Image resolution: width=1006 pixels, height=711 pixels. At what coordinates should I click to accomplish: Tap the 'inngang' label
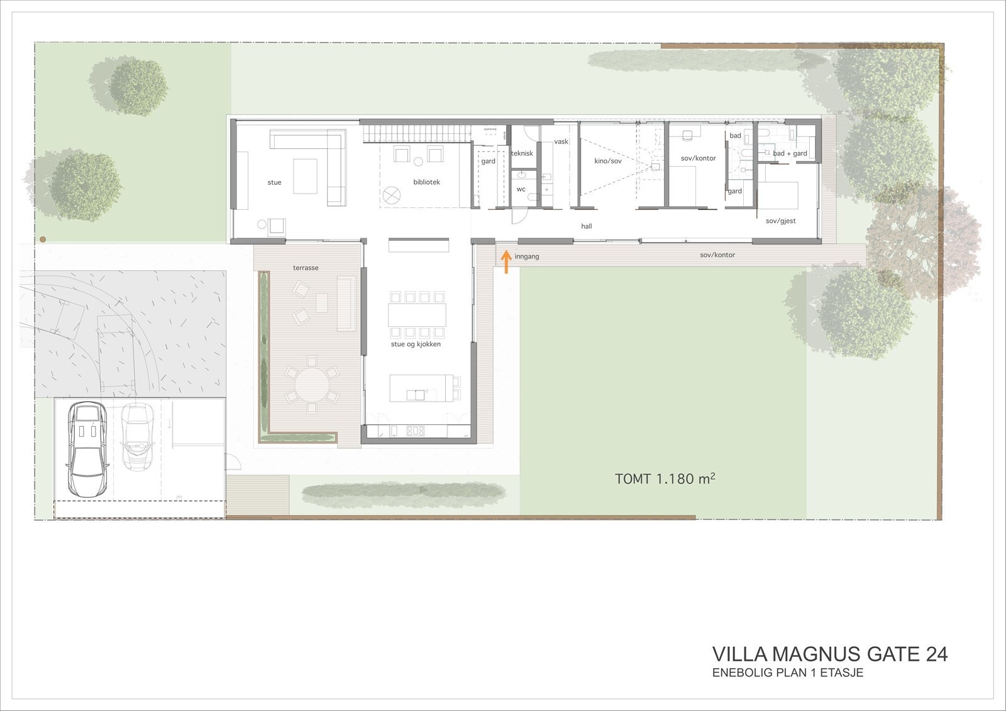tap(527, 256)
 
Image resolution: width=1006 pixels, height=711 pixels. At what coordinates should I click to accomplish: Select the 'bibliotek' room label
tap(426, 182)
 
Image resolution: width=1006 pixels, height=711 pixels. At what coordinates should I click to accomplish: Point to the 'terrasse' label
tap(306, 268)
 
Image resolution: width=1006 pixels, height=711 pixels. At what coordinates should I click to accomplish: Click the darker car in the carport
tap(87, 449)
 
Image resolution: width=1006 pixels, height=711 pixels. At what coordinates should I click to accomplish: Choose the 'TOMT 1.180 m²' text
tap(665, 479)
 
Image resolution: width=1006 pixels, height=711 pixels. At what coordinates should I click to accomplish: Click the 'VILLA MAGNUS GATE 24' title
tap(829, 654)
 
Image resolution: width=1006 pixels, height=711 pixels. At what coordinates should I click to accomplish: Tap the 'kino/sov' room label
tap(607, 162)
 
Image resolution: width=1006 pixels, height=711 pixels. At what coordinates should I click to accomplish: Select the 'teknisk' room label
tap(522, 153)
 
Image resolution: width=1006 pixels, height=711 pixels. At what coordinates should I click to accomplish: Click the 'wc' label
tap(521, 189)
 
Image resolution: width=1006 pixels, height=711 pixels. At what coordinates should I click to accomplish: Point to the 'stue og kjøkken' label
tap(416, 344)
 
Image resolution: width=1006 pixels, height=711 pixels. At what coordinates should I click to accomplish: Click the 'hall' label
tap(586, 226)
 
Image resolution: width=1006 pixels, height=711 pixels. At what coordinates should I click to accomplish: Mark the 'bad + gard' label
tap(790, 153)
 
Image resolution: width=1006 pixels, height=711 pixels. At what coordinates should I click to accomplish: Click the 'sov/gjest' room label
tap(781, 221)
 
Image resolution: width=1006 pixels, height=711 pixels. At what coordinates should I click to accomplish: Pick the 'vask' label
tap(561, 141)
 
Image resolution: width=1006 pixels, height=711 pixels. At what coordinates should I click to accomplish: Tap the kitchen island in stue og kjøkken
tap(420, 388)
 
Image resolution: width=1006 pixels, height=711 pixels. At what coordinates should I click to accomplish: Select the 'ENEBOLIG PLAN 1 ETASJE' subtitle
tap(787, 673)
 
